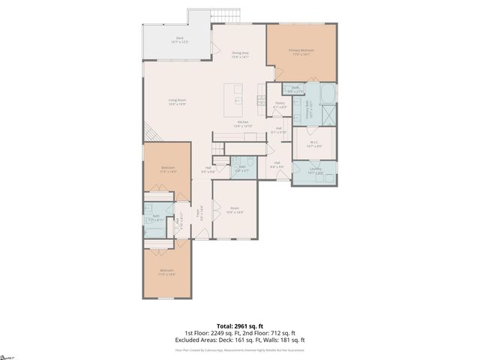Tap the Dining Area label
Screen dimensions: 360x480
[239, 55]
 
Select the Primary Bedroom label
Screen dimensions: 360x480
[301, 52]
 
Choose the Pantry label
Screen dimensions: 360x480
[279, 105]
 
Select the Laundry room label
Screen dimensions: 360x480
[315, 170]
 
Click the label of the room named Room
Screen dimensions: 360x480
[235, 211]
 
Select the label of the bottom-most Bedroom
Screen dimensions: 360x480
[166, 271]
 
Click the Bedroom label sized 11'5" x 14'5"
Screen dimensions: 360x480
[167, 169]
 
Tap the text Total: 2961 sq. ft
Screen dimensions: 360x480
[239, 325]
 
